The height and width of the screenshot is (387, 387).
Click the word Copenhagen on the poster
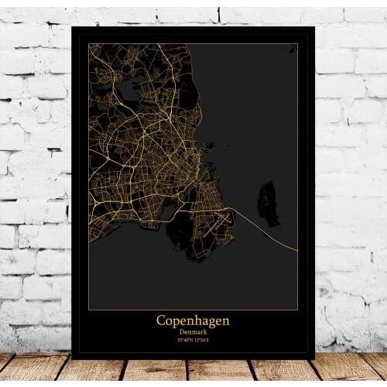[x=193, y=320]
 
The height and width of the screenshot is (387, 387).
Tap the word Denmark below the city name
[x=193, y=331]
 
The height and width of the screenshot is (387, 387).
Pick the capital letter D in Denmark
[x=180, y=331]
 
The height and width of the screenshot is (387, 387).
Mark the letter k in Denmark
[x=205, y=331]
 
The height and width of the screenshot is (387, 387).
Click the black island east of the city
[x=269, y=203]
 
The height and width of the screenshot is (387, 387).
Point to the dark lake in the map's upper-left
[x=128, y=91]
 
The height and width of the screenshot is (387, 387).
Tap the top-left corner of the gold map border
[x=88, y=43]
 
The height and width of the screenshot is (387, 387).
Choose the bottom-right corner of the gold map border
[x=298, y=310]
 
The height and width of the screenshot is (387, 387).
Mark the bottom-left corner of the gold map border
[x=88, y=310]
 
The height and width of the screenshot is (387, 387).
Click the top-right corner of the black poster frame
[x=314, y=27]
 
